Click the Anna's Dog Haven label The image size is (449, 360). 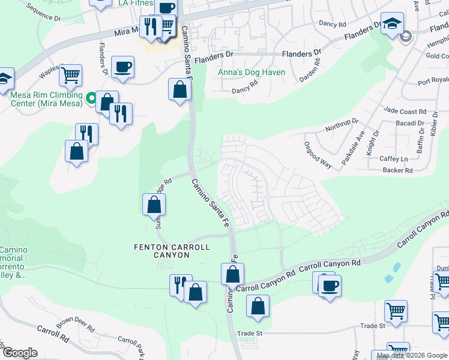(x=251, y=73)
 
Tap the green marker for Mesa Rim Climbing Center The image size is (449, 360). (x=91, y=97)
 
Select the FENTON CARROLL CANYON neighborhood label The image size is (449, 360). (x=172, y=251)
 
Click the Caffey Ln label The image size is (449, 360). (x=394, y=159)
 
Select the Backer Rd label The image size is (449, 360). (x=397, y=170)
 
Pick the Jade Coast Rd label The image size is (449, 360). (x=405, y=112)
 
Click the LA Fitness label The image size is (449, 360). (x=136, y=3)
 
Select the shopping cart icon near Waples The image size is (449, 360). (x=71, y=76)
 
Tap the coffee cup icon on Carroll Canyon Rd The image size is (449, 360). (x=329, y=285)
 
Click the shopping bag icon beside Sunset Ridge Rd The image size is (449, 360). (x=154, y=205)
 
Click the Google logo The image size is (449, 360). (x=20, y=353)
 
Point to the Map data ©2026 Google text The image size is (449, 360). (x=412, y=355)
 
